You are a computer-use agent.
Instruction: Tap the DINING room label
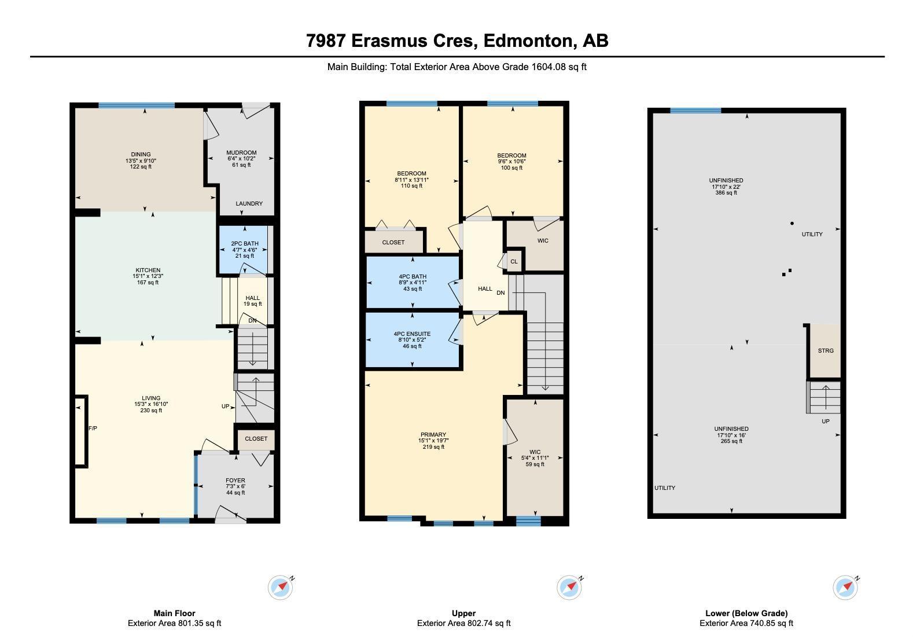pyautogui.click(x=141, y=154)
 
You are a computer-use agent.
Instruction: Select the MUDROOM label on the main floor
pyautogui.click(x=241, y=153)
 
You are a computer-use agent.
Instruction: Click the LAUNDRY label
pyautogui.click(x=249, y=204)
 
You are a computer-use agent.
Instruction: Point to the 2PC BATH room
pyautogui.click(x=245, y=250)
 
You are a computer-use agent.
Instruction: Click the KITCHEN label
pyautogui.click(x=148, y=270)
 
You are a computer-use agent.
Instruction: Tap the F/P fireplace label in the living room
pyautogui.click(x=93, y=429)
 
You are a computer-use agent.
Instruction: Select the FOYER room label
pyautogui.click(x=235, y=480)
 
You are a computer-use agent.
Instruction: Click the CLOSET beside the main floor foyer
pyautogui.click(x=256, y=439)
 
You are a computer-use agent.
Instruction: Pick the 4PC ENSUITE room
pyautogui.click(x=412, y=340)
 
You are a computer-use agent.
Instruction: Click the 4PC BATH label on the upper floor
pyautogui.click(x=413, y=277)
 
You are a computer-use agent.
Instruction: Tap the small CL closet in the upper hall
pyautogui.click(x=514, y=262)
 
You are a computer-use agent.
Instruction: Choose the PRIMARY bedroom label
pyautogui.click(x=433, y=434)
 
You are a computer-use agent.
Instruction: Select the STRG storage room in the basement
pyautogui.click(x=826, y=351)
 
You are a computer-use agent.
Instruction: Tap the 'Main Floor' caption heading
pyautogui.click(x=175, y=613)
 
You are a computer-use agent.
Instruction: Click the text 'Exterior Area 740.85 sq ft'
pyautogui.click(x=746, y=623)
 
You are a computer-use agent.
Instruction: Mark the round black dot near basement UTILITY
pyautogui.click(x=792, y=223)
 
